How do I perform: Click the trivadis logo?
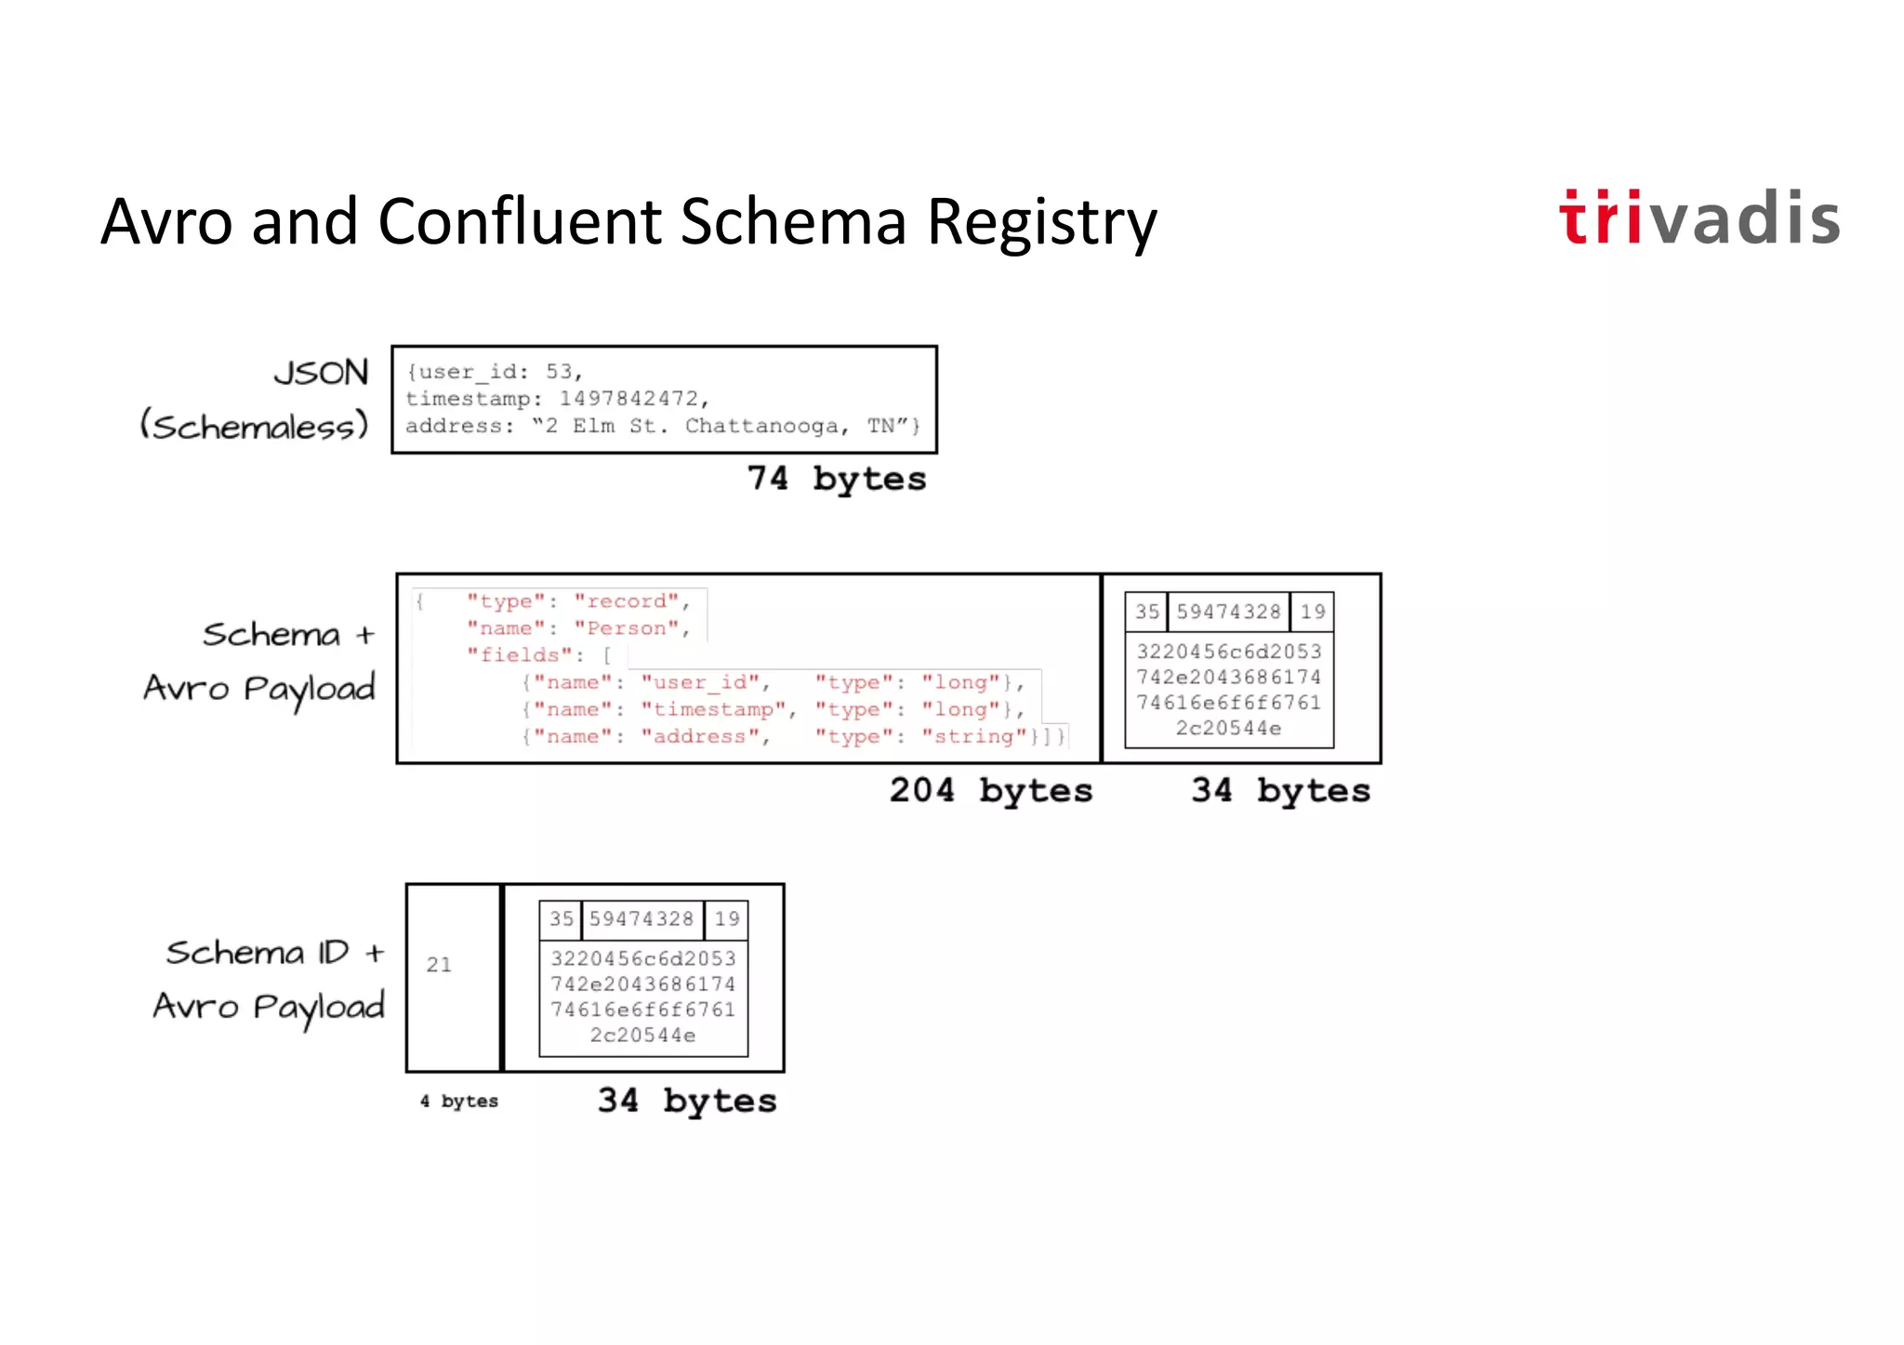tap(1699, 218)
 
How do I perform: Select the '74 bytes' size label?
tap(837, 479)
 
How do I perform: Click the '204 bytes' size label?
tap(991, 790)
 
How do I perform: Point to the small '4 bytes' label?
tap(459, 1101)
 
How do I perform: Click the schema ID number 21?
tap(439, 965)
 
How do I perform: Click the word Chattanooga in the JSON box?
tap(761, 426)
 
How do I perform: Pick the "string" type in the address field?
tap(974, 736)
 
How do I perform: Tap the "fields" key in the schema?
tap(520, 655)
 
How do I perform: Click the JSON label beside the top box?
tap(321, 373)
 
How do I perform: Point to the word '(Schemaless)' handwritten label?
tap(254, 426)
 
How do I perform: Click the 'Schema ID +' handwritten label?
tap(274, 953)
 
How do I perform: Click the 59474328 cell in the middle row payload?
tap(1228, 612)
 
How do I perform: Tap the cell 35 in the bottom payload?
tap(561, 919)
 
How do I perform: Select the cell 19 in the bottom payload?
tap(727, 919)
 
